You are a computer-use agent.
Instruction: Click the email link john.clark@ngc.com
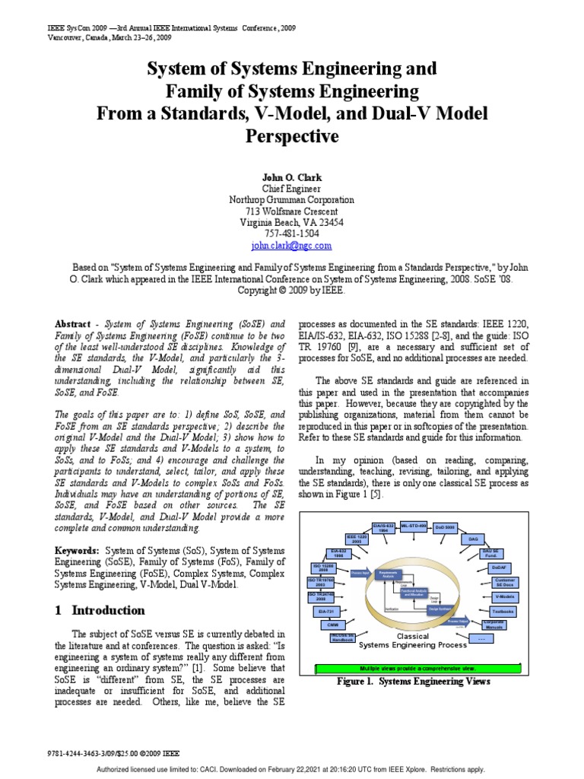coord(291,246)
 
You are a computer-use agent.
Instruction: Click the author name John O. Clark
coord(291,176)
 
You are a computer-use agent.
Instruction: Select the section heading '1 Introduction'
coord(100,610)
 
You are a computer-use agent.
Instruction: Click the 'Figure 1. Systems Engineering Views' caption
coord(414,681)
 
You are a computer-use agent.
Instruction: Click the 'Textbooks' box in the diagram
coord(503,611)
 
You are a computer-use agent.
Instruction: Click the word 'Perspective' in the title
coord(291,137)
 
